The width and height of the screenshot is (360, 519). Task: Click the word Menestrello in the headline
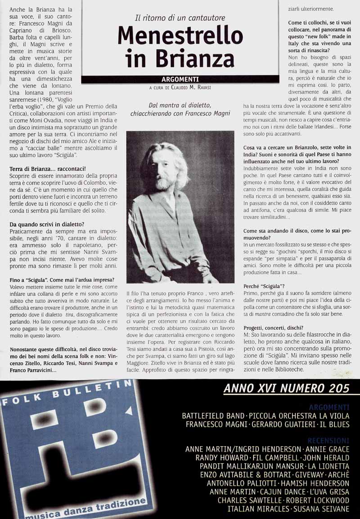pyautogui.click(x=180, y=36)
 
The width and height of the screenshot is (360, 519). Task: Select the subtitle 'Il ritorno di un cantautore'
pyautogui.click(x=180, y=18)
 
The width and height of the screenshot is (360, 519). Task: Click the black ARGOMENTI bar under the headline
pyautogui.click(x=180, y=80)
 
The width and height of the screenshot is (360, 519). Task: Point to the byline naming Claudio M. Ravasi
pyautogui.click(x=180, y=88)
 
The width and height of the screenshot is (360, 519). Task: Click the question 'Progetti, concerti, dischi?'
pyautogui.click(x=273, y=327)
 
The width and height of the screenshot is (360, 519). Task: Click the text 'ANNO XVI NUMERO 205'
pyautogui.click(x=286, y=389)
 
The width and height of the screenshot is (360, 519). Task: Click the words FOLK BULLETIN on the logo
pyautogui.click(x=67, y=391)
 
